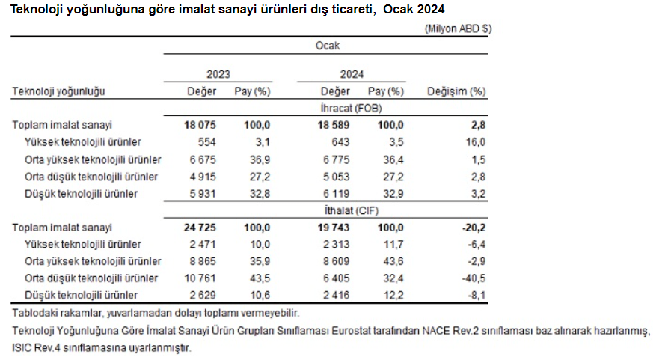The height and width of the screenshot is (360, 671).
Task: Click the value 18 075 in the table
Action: point(199,125)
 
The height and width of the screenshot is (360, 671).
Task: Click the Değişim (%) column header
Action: point(456,91)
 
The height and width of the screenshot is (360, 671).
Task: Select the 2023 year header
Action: point(218,74)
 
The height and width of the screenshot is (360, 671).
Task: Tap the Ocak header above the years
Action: point(327,46)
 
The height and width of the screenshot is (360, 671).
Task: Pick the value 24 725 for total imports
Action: point(199,228)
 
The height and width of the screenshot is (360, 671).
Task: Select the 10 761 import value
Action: point(200,278)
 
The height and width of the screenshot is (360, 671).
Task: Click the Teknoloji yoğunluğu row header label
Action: point(58,91)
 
